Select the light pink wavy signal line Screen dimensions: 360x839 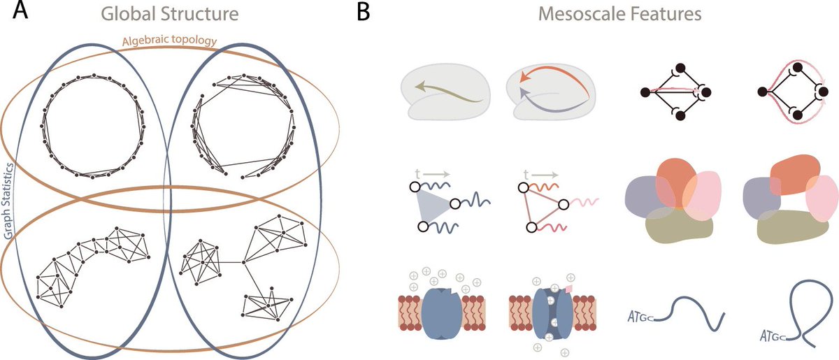[585, 203]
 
